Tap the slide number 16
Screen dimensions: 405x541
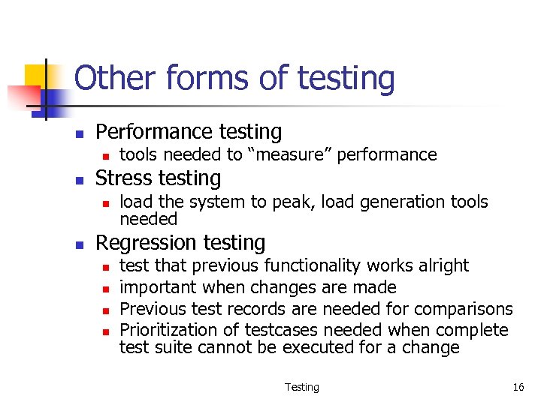click(518, 387)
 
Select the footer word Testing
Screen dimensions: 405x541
click(302, 387)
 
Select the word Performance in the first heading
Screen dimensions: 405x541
click(150, 132)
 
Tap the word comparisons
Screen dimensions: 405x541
click(464, 309)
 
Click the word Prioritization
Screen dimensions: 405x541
click(165, 331)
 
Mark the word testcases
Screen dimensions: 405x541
click(289, 331)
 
